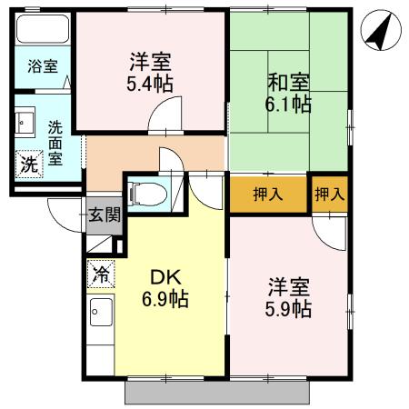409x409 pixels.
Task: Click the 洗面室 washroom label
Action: [x=55, y=143]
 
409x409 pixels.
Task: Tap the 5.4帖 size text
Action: [x=150, y=84]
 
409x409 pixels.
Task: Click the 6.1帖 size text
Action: [x=288, y=105]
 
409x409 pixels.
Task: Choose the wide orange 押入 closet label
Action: [x=267, y=195]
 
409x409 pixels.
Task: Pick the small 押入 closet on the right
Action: [x=329, y=195]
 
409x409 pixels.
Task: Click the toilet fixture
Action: [x=146, y=194]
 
